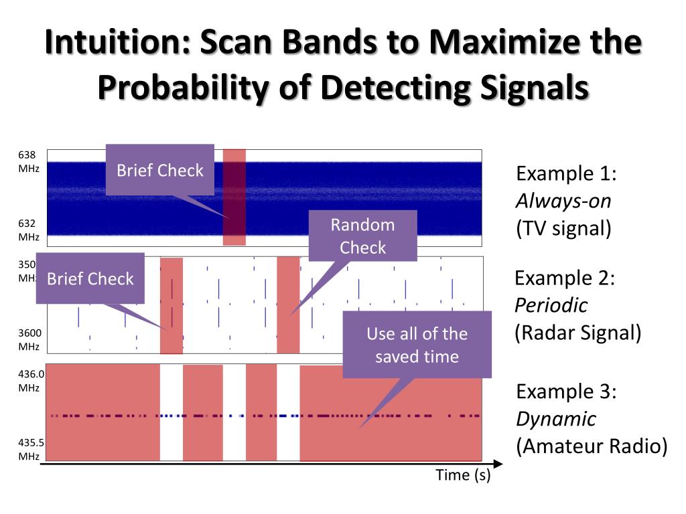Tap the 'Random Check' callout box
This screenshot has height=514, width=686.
[x=362, y=236]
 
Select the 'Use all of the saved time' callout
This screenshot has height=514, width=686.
[x=417, y=345]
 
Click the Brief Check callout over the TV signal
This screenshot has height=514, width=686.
[x=160, y=170]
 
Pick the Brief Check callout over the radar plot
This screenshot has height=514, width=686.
[x=90, y=278]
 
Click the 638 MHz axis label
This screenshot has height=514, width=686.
[x=28, y=161]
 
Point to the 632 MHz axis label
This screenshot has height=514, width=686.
[x=28, y=230]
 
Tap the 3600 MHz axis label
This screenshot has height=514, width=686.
[x=28, y=339]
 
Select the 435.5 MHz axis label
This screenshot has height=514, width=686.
[x=29, y=449]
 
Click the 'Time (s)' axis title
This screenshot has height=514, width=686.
[x=463, y=476]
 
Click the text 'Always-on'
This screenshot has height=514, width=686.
[x=563, y=201]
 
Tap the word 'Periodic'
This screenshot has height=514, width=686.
[x=551, y=305]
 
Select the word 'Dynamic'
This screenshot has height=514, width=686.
[x=555, y=419]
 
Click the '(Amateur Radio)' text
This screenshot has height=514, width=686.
[x=592, y=446]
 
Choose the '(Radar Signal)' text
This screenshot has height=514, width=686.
[x=577, y=332]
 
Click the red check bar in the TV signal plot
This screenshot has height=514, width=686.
[x=234, y=197]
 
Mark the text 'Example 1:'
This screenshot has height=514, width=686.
[x=566, y=174]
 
